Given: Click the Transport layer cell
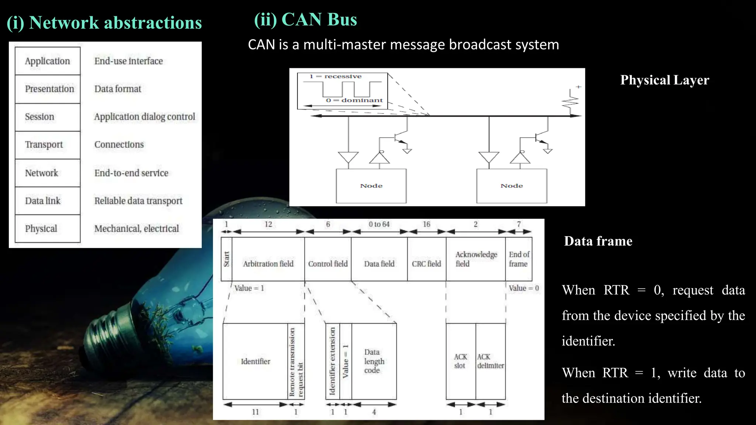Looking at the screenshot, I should [47, 145].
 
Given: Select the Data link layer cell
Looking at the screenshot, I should [47, 201].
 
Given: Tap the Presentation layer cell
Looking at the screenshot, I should [47, 89].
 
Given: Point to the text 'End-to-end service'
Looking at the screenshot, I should [131, 173].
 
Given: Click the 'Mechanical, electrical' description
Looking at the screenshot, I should [136, 229].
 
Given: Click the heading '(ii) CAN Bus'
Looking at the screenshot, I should [305, 20].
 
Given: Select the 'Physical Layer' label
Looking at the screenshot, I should [664, 80].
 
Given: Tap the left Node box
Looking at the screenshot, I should [371, 186].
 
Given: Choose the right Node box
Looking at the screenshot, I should [512, 186].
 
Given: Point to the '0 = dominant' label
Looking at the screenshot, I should [354, 100].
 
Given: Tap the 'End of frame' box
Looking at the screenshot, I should [519, 259].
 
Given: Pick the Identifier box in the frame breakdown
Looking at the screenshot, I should [255, 362].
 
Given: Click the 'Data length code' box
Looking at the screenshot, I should [374, 362].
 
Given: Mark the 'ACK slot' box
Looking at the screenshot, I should [460, 362].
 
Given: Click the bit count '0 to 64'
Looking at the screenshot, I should [379, 224].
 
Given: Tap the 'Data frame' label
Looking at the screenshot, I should [598, 241].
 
